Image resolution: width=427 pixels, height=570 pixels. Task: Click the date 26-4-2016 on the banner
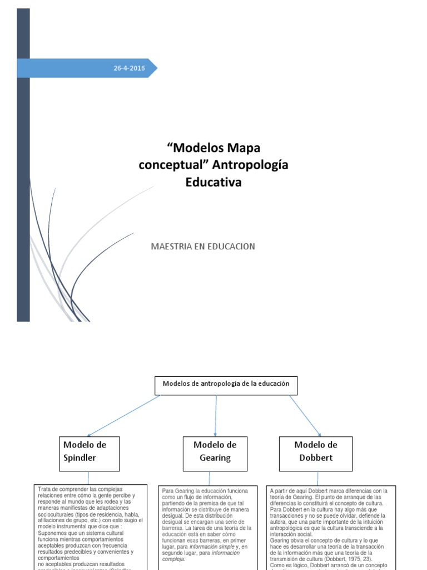pyautogui.click(x=128, y=68)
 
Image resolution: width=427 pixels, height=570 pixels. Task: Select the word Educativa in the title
pyautogui.click(x=214, y=181)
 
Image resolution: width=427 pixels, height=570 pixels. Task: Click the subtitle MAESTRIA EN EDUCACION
pyautogui.click(x=203, y=246)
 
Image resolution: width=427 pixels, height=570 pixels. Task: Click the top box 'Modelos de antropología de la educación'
pyautogui.click(x=226, y=385)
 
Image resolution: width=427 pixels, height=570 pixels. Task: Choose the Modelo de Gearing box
pyautogui.click(x=215, y=451)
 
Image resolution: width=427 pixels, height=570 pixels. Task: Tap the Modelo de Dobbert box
pyautogui.click(x=316, y=451)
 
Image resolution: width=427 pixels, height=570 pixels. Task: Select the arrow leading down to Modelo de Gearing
pyautogui.click(x=216, y=415)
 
